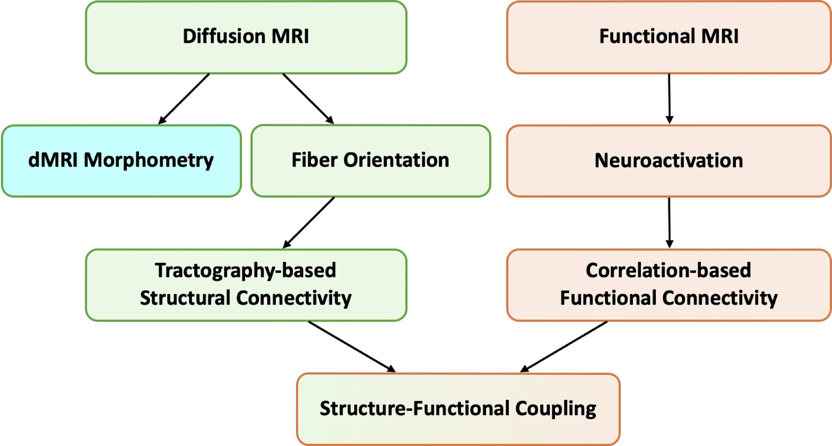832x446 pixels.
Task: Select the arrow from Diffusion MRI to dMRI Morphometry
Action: (184, 99)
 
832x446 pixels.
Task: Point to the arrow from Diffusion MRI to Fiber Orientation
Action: (308, 99)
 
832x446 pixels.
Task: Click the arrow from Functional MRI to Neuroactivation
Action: (669, 99)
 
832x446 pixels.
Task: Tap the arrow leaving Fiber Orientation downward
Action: (309, 223)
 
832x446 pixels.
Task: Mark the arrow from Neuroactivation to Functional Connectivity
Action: (669, 223)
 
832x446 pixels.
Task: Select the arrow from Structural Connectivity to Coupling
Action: (351, 346)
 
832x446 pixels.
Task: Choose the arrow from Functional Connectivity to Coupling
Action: (564, 346)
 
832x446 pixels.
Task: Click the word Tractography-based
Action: (245, 271)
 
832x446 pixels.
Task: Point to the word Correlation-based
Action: (669, 271)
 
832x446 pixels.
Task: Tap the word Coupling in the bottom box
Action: (555, 409)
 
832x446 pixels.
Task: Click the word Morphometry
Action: (149, 160)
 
